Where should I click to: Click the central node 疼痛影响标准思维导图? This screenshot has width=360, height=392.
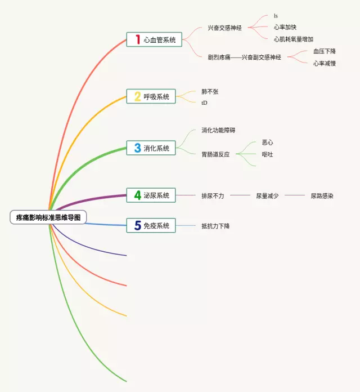coord(48,217)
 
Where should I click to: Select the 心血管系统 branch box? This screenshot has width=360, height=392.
coord(151,39)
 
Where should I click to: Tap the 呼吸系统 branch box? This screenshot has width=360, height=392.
coord(151,96)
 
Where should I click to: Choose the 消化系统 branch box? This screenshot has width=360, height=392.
coord(151,148)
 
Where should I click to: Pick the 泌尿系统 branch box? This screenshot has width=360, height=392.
coord(151,195)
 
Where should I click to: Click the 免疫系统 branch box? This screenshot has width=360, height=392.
coord(151,226)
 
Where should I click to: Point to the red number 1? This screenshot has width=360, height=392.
coord(137,39)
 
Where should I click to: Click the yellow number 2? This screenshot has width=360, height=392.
coord(137,96)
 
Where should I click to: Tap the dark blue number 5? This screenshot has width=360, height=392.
coord(137,226)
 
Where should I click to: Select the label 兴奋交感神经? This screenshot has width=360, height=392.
coord(224,27)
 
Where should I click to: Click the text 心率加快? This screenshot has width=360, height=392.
coord(285,27)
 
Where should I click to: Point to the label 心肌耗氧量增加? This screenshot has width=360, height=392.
coord(293,39)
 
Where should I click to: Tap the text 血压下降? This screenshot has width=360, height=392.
coord(325,51)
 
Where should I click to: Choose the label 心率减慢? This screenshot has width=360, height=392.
coord(325,63)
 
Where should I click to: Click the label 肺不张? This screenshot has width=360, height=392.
coord(210,91)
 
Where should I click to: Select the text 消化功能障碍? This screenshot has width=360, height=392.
coord(218,130)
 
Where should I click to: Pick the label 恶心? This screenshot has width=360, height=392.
coord(268,142)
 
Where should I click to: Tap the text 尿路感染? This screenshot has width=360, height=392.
coord(322,196)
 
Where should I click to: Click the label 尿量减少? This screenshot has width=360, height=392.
coord(267,196)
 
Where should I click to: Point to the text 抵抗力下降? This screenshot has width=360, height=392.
coord(215,226)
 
